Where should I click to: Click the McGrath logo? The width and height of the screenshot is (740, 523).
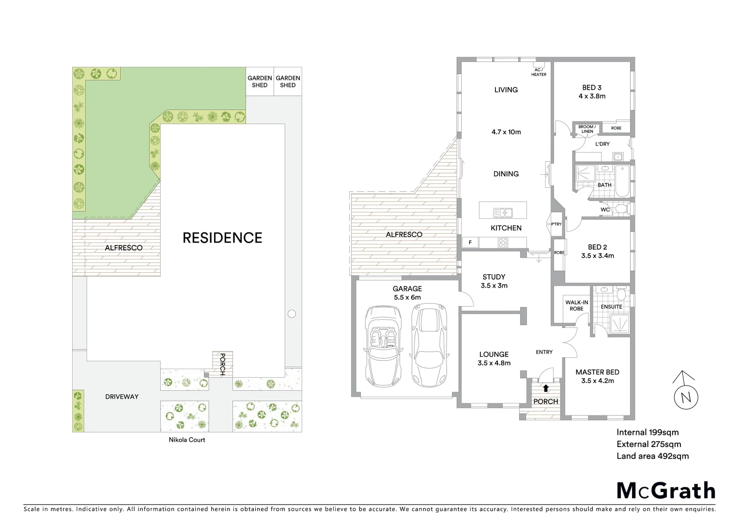click(666, 491)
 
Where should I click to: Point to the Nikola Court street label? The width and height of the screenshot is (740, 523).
click(187, 440)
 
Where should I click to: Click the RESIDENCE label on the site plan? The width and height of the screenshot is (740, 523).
click(222, 238)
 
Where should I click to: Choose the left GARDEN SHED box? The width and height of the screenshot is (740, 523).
click(260, 81)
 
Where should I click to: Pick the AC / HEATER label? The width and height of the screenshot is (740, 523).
click(539, 72)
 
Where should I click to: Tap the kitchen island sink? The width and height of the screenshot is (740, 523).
click(503, 212)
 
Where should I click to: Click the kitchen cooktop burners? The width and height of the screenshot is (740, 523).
click(503, 242)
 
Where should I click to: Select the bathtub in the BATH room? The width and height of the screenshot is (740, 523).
click(621, 181)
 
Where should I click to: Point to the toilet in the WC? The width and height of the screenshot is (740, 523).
click(620, 209)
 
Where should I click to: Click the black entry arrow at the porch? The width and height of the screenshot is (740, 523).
click(546, 388)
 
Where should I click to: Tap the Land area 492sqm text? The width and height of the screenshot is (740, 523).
click(652, 456)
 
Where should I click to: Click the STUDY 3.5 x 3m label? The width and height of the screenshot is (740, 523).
click(494, 281)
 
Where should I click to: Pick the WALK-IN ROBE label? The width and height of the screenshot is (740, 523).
click(576, 306)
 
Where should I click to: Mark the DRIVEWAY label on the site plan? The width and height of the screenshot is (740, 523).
click(122, 397)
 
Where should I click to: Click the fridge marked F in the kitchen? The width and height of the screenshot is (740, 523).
click(470, 243)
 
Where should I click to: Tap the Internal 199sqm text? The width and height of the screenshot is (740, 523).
click(647, 432)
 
